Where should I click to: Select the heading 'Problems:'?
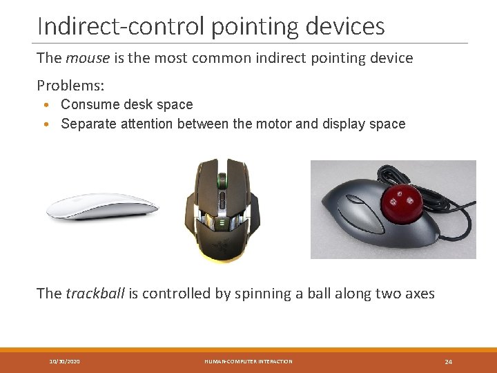point(70,85)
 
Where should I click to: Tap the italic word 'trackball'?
point(95,294)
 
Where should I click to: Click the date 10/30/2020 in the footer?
point(64,361)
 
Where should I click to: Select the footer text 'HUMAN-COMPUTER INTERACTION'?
point(248,361)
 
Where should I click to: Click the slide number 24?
point(448,361)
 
